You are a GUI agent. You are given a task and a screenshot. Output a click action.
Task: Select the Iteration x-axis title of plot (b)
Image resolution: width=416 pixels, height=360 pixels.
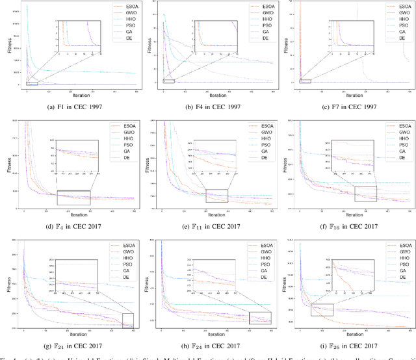208,96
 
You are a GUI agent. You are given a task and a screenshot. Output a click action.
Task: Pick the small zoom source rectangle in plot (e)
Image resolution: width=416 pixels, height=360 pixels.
216,196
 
